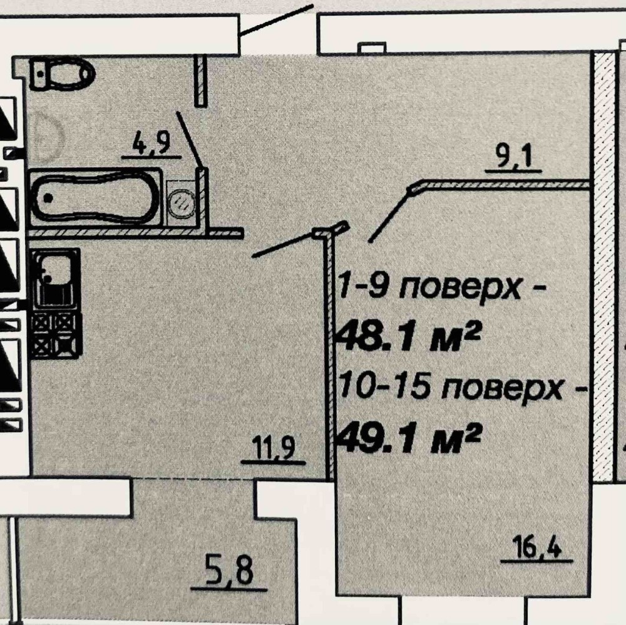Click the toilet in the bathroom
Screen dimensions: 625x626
[63, 75]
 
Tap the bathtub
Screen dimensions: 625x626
[94, 197]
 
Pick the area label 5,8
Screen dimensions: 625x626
[229, 573]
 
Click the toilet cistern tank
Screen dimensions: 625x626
[40, 75]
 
